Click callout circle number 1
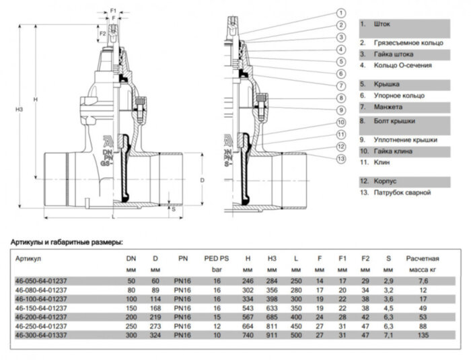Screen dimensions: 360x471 click(x=340, y=13)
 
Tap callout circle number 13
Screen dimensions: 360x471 click(x=340, y=158)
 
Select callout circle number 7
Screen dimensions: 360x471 click(x=340, y=85)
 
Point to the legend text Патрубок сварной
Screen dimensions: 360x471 click(x=398, y=192)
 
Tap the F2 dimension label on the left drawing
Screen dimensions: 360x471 click(x=102, y=32)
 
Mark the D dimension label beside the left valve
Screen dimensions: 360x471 click(x=201, y=180)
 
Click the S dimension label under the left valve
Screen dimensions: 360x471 click(x=173, y=209)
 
